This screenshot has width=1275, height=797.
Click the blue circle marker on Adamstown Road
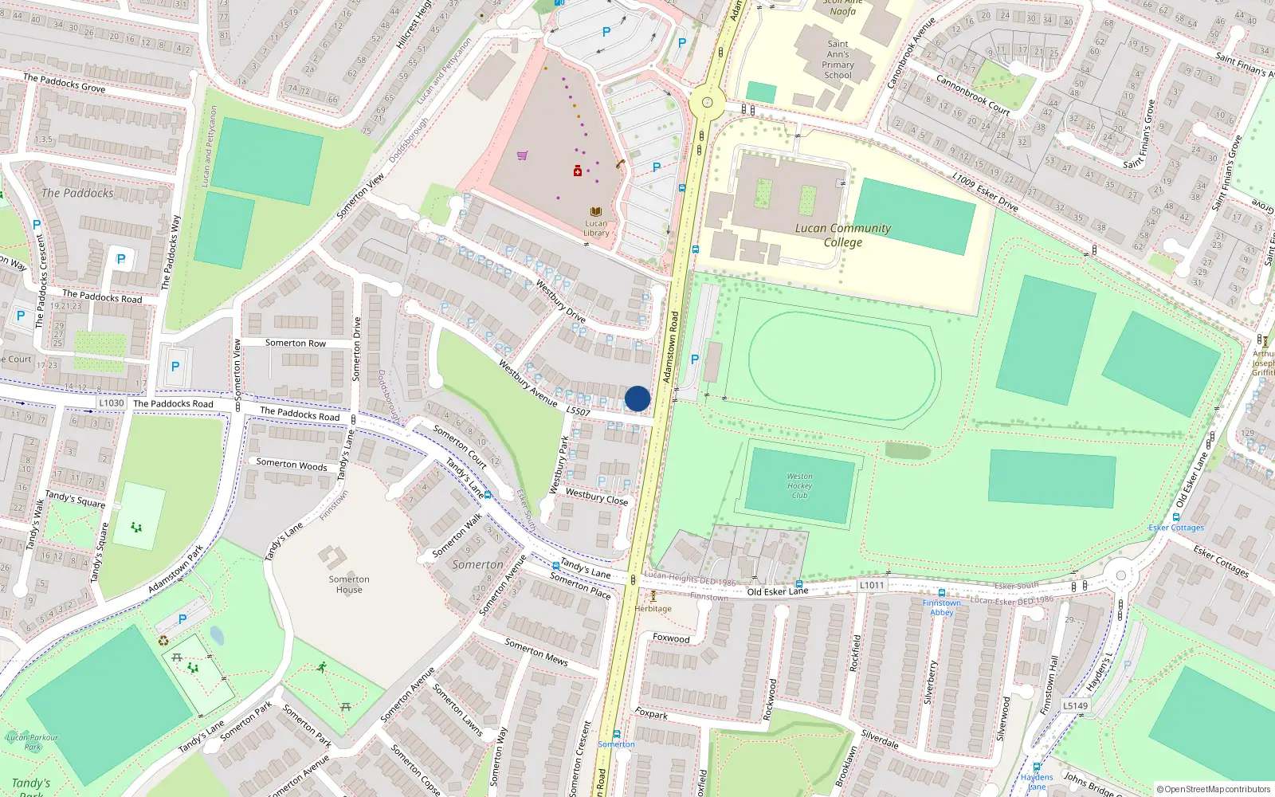637,398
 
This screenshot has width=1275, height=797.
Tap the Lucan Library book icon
595,212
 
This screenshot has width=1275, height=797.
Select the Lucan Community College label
842,235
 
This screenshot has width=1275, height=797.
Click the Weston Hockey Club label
799,485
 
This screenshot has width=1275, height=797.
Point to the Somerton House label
349,584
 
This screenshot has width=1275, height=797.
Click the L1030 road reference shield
112,402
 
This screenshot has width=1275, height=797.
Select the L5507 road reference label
578,411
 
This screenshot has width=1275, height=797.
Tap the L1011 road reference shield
872,585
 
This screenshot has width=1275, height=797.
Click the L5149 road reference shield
1075,705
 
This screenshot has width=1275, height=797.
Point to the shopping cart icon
523,155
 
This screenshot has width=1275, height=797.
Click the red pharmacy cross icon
578,171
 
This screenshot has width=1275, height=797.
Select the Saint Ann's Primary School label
838,60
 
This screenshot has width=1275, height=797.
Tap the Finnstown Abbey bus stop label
941,607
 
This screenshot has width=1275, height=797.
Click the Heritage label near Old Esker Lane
653,608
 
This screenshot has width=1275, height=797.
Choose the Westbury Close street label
597,497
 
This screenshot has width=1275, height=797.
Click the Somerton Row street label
295,343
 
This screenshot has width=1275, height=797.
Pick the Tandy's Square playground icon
136,527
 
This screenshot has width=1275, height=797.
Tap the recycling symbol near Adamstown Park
163,640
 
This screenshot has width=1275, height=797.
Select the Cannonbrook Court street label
972,96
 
